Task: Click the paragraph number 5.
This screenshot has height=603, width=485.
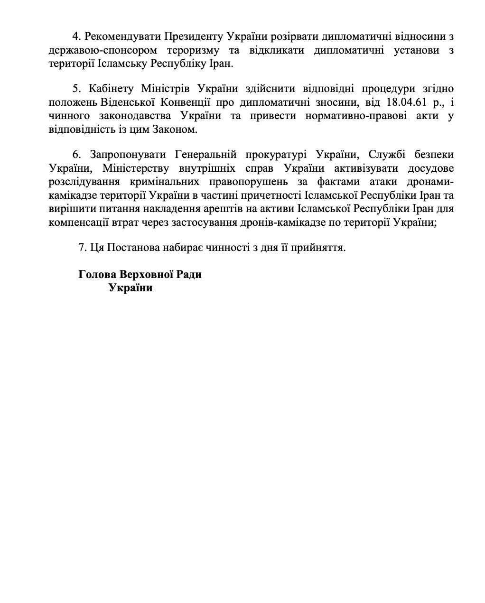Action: (75, 89)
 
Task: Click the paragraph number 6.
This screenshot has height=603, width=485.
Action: (75, 155)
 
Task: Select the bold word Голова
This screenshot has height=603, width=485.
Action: (97, 274)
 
